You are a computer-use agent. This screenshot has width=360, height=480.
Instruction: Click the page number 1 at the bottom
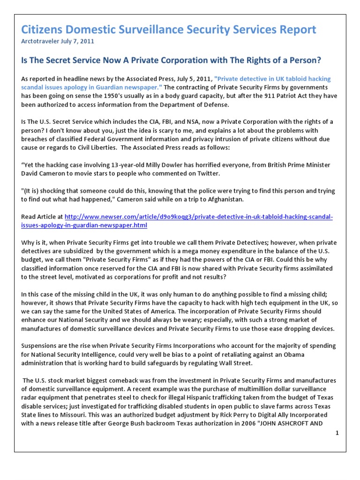click(x=337, y=435)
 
